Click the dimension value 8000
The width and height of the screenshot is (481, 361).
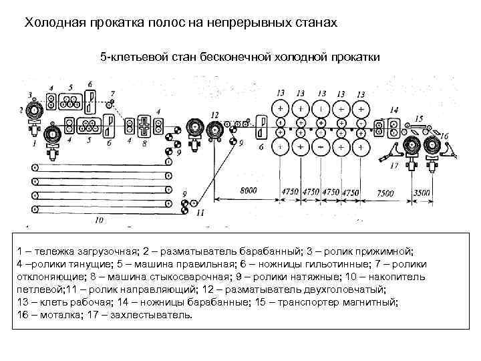click(249, 191)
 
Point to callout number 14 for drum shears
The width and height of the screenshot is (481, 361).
click(394, 108)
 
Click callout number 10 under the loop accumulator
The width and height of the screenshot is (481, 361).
click(99, 219)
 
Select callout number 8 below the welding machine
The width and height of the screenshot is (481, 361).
click(144, 142)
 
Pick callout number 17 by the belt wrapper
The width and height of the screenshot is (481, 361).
click(393, 164)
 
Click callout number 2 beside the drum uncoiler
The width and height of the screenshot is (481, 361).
click(21, 110)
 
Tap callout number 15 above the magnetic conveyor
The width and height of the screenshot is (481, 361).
click(419, 118)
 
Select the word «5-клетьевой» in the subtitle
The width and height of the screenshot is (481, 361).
click(130, 57)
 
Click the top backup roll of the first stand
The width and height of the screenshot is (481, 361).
click(280, 108)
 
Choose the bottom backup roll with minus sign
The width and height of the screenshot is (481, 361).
click(323, 146)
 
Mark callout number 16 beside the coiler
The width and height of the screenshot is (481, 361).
click(444, 136)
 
